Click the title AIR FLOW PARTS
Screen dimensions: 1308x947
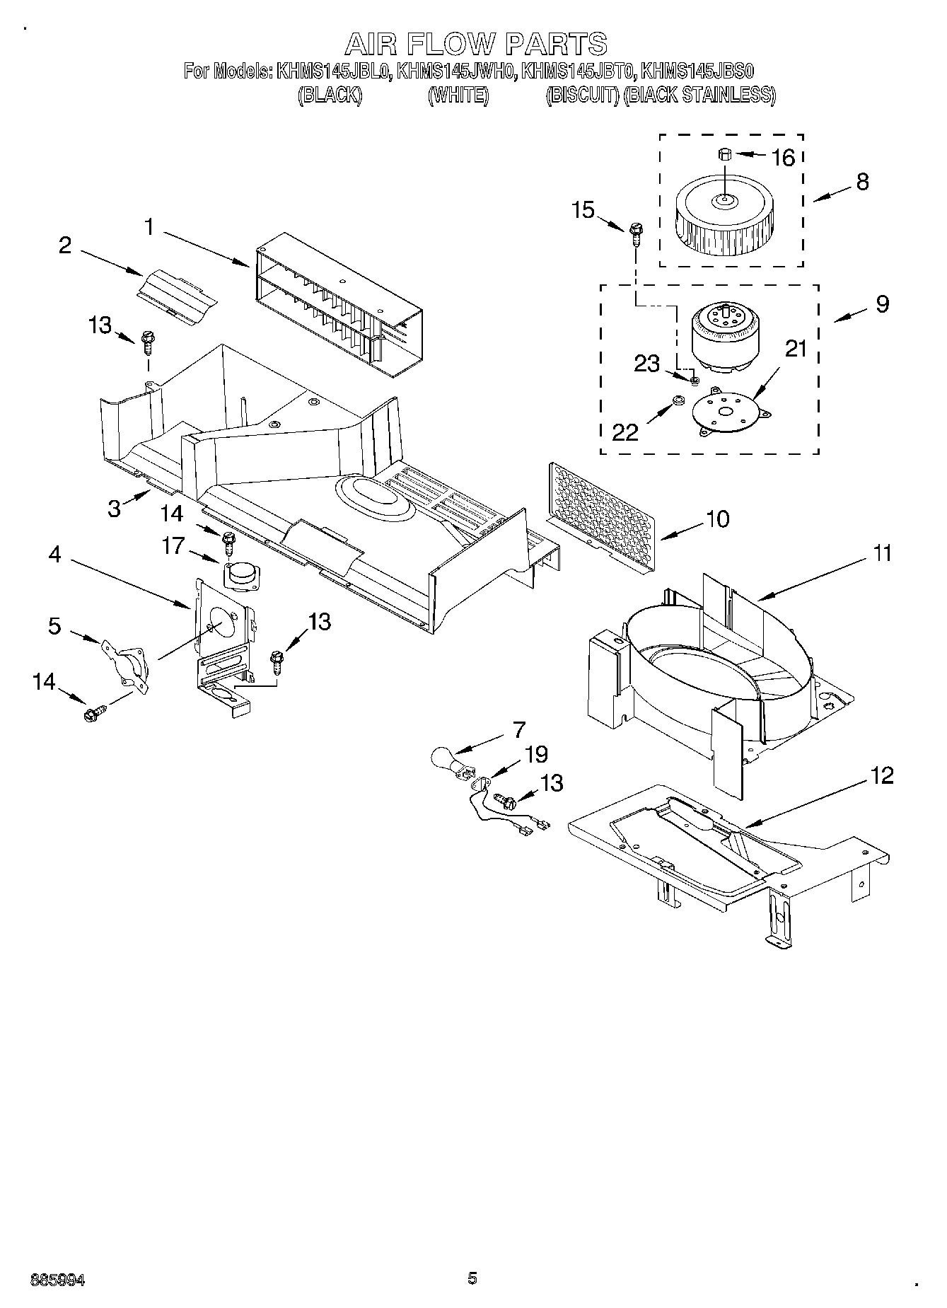tap(475, 44)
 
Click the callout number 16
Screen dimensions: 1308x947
tap(783, 158)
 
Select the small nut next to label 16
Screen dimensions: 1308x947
tap(724, 154)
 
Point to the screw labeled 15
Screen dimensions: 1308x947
tap(635, 233)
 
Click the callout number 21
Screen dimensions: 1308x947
tap(796, 349)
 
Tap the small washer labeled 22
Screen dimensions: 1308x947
tap(677, 401)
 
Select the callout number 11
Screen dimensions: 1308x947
tap(881, 554)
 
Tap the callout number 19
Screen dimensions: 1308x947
tap(536, 754)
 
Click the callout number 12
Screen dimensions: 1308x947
tap(883, 776)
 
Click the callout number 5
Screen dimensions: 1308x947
tap(54, 626)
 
